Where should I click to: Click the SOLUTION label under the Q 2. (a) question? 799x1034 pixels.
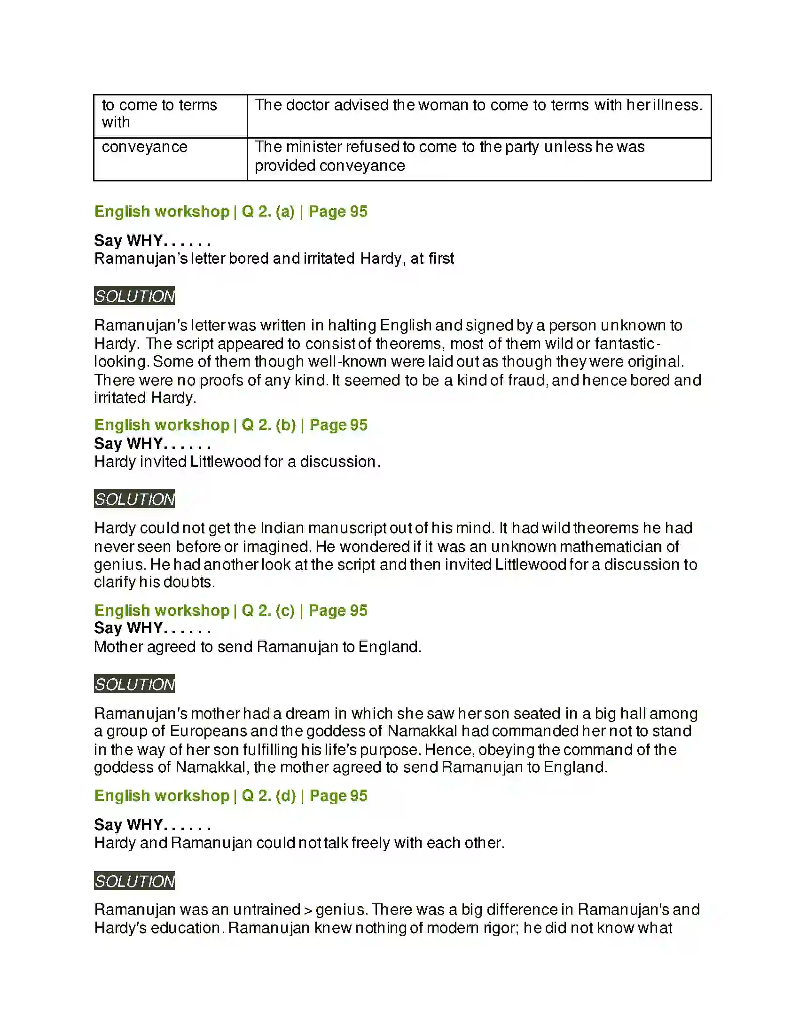click(134, 296)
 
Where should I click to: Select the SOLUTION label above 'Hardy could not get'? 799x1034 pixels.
click(134, 499)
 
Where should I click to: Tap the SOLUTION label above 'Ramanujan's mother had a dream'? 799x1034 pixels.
click(134, 684)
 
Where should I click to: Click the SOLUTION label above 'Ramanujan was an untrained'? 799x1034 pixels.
click(134, 881)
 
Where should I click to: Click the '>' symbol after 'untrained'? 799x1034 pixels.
click(308, 910)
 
